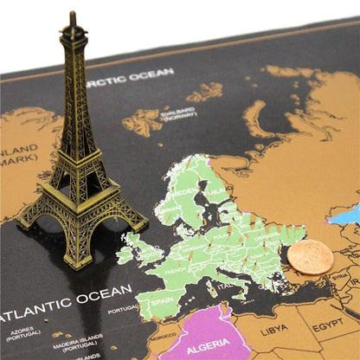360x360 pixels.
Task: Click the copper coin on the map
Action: click(309, 256)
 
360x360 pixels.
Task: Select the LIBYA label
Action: click(274, 330)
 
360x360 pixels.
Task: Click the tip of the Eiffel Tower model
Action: click(74, 16)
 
